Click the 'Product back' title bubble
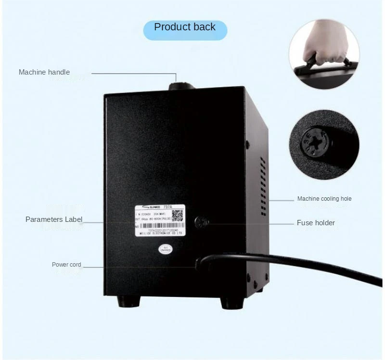(x=185, y=27)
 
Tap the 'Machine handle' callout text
(x=44, y=72)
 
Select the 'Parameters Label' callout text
(x=54, y=219)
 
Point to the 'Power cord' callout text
(x=66, y=265)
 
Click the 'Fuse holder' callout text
(x=316, y=222)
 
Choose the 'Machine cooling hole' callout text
(x=324, y=199)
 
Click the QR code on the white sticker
(x=177, y=215)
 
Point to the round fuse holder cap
(x=201, y=222)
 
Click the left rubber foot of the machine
(x=128, y=302)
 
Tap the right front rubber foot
(x=231, y=303)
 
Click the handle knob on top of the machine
(x=180, y=86)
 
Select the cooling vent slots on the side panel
(x=263, y=186)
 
